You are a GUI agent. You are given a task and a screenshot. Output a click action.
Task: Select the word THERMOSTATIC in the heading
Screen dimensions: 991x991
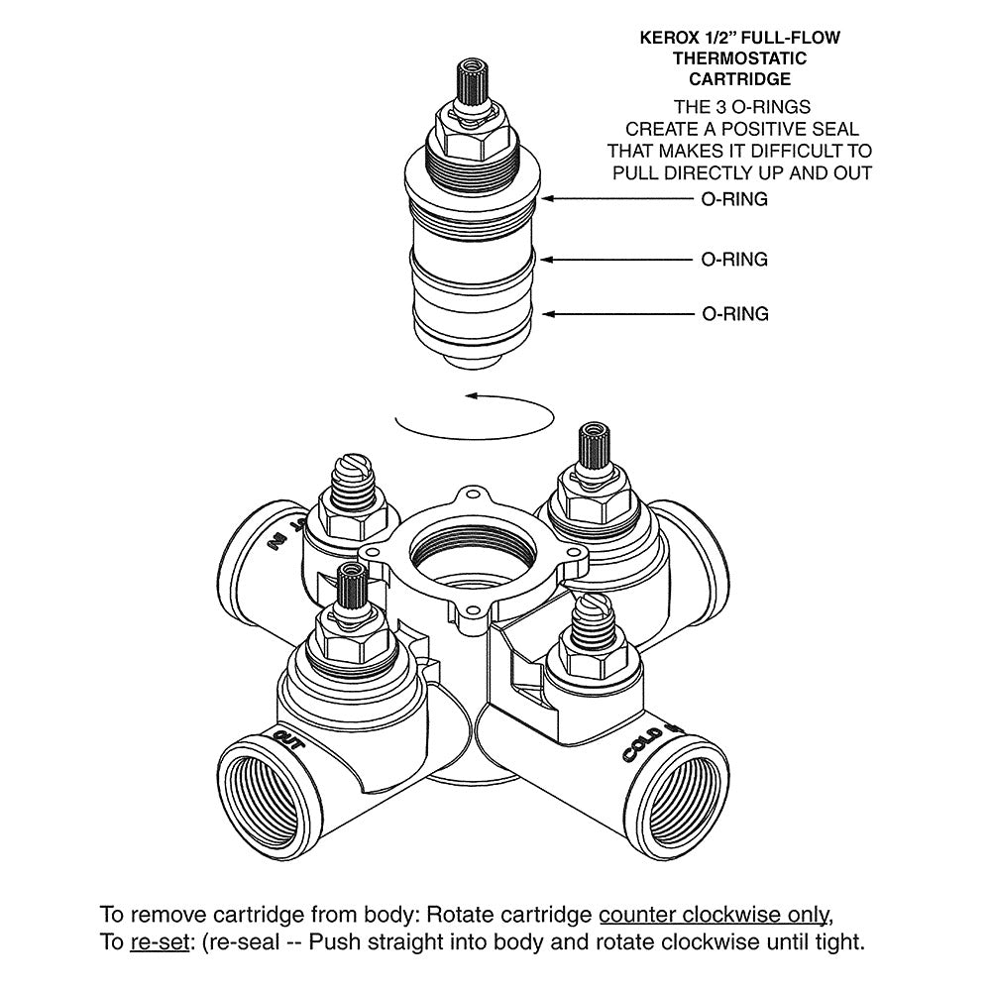pyautogui.click(x=739, y=58)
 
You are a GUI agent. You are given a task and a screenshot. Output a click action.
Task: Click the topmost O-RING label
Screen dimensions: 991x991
pyautogui.click(x=734, y=199)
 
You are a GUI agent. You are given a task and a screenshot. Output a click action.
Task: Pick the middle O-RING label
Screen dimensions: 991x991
pyautogui.click(x=734, y=259)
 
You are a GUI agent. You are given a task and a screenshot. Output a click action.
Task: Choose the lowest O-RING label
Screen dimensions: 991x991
pyautogui.click(x=735, y=313)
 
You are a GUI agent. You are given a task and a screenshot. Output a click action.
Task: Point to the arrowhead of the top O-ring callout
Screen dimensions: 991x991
pyautogui.click(x=547, y=198)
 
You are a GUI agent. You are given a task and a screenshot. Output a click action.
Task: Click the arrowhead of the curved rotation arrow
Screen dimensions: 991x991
pyautogui.click(x=472, y=396)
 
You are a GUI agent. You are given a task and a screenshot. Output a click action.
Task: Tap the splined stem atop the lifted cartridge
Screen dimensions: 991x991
pyautogui.click(x=473, y=82)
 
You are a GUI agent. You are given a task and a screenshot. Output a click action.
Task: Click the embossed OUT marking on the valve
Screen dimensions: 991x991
pyautogui.click(x=289, y=740)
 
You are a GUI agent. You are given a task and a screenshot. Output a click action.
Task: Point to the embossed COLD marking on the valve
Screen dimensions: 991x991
pyautogui.click(x=643, y=744)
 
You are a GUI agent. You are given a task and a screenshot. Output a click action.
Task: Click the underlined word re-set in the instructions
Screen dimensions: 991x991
pyautogui.click(x=160, y=942)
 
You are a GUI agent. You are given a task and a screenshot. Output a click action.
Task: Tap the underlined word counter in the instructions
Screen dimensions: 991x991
pyautogui.click(x=637, y=915)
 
